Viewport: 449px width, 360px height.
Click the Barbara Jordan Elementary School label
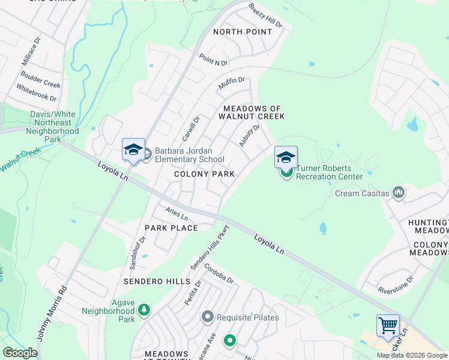(x=189, y=155)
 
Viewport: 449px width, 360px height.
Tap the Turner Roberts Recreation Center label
(x=329, y=172)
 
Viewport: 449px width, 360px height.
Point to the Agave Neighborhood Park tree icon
(x=144, y=310)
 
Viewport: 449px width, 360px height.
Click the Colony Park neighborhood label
(x=204, y=174)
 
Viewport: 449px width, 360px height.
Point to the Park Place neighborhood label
(x=171, y=228)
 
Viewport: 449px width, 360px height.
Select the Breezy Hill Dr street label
(x=265, y=16)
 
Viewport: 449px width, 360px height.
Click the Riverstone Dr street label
(x=396, y=284)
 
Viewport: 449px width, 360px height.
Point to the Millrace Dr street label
(x=31, y=50)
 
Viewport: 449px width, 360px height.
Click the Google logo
(x=20, y=353)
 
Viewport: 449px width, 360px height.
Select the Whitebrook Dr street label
(x=37, y=92)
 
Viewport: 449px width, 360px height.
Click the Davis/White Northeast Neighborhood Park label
(x=54, y=127)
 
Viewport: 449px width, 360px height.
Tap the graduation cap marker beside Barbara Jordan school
(x=133, y=150)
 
